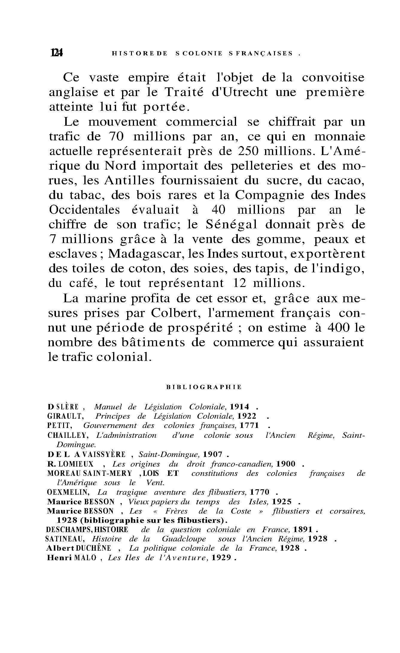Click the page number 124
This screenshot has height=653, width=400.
[57, 53]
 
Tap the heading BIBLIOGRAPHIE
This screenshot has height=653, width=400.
[204, 387]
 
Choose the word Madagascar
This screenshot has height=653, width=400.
[145, 254]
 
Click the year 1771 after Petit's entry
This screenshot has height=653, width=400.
[249, 426]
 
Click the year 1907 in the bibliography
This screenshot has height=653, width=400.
[212, 454]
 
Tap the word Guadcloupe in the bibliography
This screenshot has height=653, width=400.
[184, 539]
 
